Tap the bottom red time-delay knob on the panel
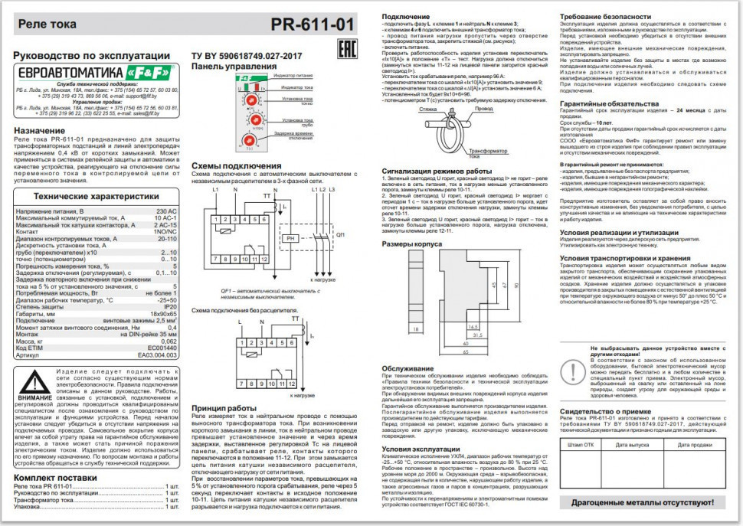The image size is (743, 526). point(249,139)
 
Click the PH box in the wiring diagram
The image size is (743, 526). point(290,239)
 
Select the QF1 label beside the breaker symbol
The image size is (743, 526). point(341,234)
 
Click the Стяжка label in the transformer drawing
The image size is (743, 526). point(411,109)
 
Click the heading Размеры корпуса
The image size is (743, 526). point(412,244)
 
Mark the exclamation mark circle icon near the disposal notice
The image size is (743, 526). point(571,370)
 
